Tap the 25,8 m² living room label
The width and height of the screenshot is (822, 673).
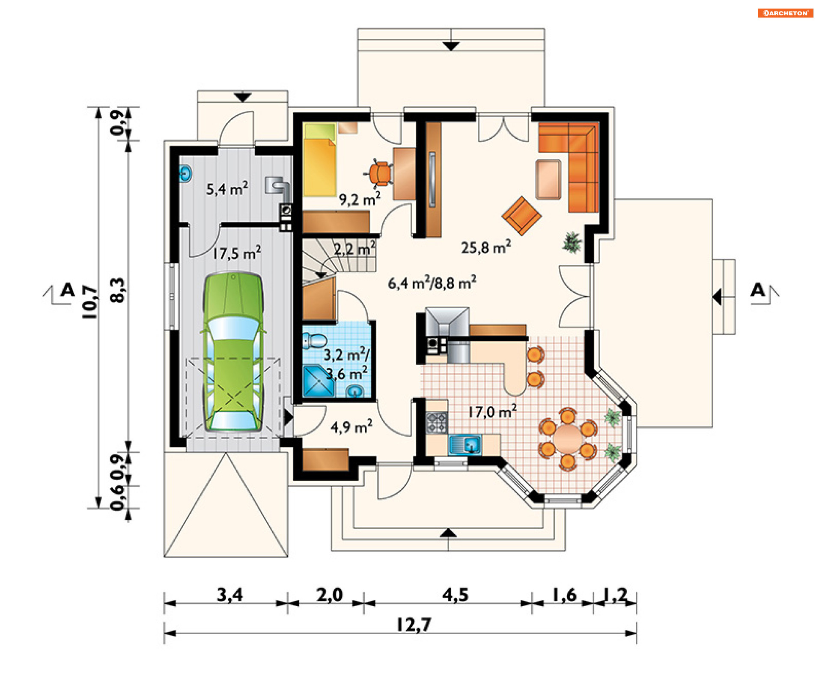coord(486,247)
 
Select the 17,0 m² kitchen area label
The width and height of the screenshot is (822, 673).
coord(492,411)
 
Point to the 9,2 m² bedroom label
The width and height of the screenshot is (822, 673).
coord(360,199)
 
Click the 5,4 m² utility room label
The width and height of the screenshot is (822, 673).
coord(227,188)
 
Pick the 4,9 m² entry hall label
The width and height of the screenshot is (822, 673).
coord(351,426)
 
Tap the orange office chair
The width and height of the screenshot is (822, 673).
coord(378,174)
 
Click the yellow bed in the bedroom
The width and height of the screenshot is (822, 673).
coord(320,160)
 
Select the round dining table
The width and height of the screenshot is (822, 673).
coord(568,438)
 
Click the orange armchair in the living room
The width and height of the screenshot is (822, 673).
coord(521,216)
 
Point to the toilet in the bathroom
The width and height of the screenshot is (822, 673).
coord(314,341)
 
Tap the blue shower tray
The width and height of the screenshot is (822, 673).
coord(318,381)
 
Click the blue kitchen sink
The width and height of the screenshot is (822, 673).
coord(465,444)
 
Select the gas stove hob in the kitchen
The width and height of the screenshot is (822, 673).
coord(437,422)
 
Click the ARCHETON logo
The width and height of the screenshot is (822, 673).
coord(786,13)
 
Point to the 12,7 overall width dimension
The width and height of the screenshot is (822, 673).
coord(413,625)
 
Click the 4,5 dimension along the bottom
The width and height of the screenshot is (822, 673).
coord(455,595)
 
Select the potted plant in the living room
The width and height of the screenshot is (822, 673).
coord(572,243)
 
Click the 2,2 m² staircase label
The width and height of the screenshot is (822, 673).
coord(354,248)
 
